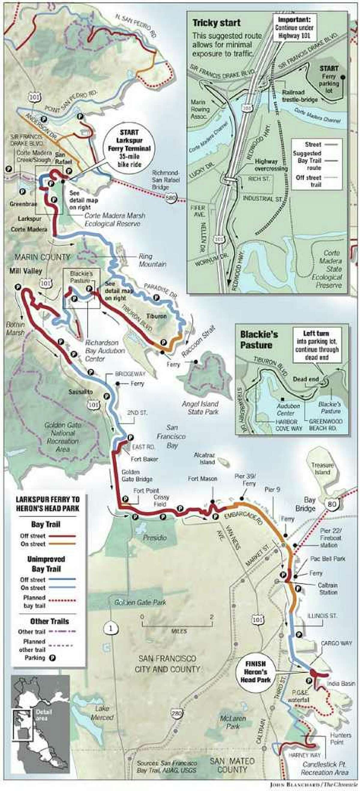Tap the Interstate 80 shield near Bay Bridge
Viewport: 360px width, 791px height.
point(332,504)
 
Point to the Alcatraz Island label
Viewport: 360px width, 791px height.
point(205,458)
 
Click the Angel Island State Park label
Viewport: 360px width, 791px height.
point(200,408)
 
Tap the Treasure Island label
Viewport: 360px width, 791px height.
point(322,469)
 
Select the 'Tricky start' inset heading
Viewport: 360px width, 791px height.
point(217,23)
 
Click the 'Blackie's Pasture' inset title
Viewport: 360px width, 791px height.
point(256,340)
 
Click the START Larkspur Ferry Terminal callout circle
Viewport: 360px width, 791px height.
point(129,148)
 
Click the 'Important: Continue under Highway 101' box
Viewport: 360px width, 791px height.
point(294,28)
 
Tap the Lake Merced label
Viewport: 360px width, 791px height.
point(102,713)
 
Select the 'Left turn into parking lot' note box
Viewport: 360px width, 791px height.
point(317,345)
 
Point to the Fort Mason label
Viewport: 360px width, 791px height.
point(202,479)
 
